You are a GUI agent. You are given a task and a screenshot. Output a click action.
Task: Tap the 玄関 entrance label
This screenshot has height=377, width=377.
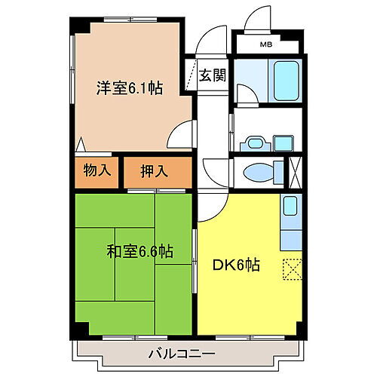coord(213,75)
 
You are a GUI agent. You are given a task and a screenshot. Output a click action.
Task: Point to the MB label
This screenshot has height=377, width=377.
coord(266,44)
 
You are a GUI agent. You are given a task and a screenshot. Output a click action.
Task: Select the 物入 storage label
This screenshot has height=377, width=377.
coord(97,170)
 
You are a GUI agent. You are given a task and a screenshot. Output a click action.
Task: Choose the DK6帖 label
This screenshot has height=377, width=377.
coord(236,265)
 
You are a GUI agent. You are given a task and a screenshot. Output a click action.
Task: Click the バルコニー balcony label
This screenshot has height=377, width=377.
coord(180,353)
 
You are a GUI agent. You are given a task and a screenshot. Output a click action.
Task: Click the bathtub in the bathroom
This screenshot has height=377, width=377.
coord(287,78)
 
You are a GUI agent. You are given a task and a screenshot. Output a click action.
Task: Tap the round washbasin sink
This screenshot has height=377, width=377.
coord(255,142)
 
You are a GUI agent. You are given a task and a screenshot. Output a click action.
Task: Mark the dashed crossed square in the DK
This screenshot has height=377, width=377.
coord(291,268)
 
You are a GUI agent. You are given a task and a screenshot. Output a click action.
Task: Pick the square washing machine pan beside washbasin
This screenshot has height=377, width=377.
coord(284,143)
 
